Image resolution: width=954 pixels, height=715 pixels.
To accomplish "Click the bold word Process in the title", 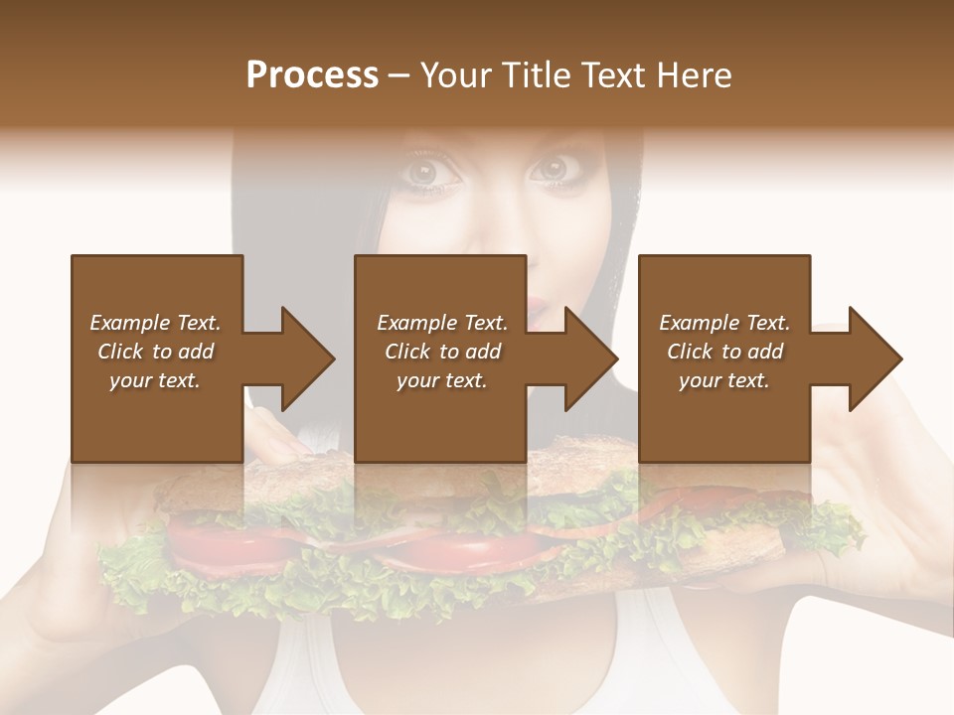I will click(x=312, y=75).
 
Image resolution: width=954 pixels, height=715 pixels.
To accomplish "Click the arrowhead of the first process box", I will click(x=307, y=358).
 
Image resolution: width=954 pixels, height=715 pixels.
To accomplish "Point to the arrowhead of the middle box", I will click(x=591, y=358).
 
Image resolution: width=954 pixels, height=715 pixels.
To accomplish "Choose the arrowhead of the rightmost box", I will click(x=875, y=358).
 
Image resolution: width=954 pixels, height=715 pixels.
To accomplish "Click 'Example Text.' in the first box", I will click(x=155, y=323).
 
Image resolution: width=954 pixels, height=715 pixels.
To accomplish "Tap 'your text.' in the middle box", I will click(x=441, y=380).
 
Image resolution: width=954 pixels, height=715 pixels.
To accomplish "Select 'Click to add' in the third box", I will click(x=724, y=352).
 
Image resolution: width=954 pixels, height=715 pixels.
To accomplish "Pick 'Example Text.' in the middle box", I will click(x=441, y=323).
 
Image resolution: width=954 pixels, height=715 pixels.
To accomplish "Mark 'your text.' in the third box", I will click(x=724, y=380).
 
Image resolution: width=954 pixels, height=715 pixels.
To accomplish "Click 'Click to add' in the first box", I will click(x=155, y=352).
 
